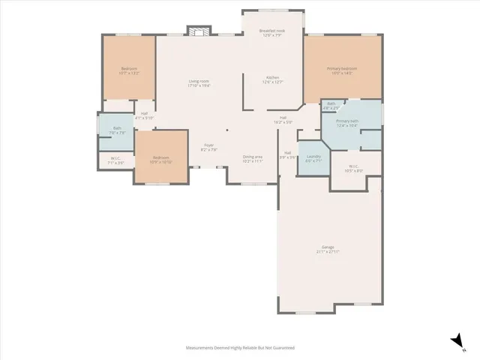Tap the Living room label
click(199, 83)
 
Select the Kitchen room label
click(271, 80)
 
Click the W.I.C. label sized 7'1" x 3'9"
click(116, 160)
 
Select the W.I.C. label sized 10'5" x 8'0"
click(355, 168)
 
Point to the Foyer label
click(208, 147)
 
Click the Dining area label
click(253, 158)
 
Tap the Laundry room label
click(313, 158)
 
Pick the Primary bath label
click(346, 123)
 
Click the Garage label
click(328, 249)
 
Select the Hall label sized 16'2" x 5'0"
click(284, 119)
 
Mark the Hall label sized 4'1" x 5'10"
click(144, 115)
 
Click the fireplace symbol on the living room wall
click(198, 31)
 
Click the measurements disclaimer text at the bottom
click(240, 348)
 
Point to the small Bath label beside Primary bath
click(331, 106)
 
